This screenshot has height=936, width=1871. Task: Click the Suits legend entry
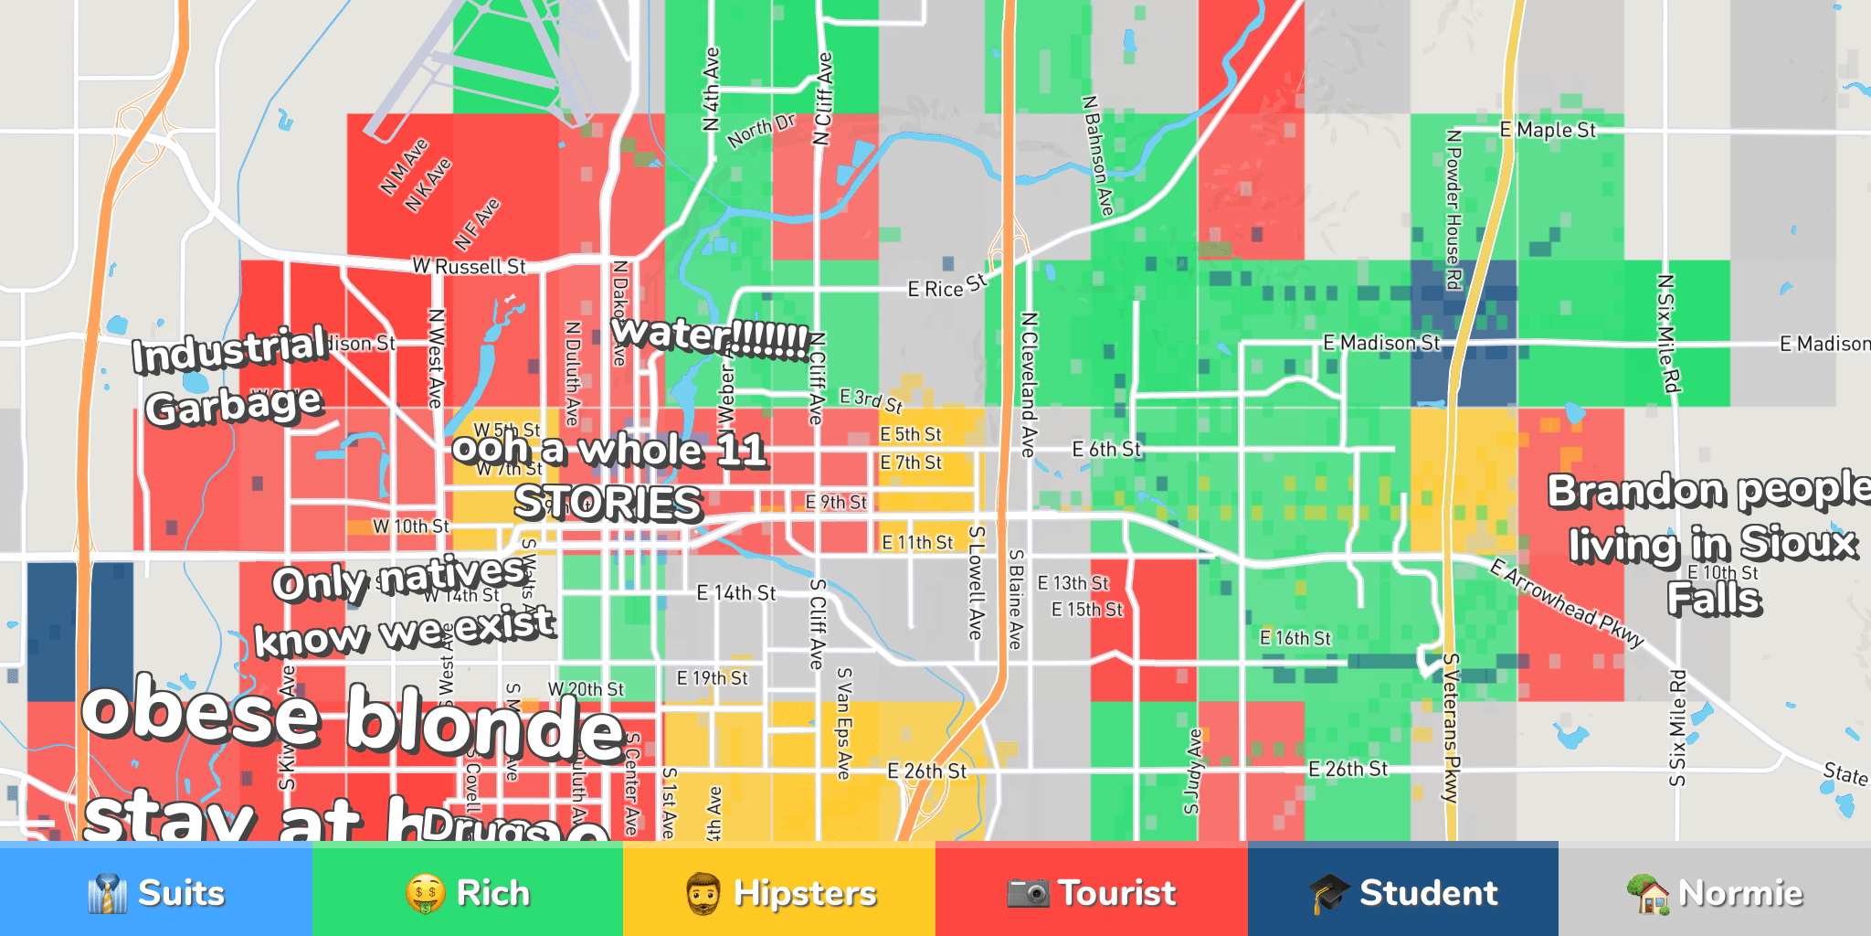[x=156, y=892]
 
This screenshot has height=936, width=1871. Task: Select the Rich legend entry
[x=468, y=892]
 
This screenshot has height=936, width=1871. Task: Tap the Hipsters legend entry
[x=779, y=892]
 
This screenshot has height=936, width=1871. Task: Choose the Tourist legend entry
[x=1091, y=892]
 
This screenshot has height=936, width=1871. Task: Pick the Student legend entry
[x=1403, y=892]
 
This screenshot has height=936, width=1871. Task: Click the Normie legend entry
[x=1715, y=892]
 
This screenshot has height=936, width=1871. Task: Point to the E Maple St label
[x=1548, y=130]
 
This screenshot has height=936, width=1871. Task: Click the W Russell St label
[x=469, y=266]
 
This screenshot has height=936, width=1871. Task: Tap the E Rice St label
[x=947, y=286]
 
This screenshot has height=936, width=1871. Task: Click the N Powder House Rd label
[x=1453, y=209]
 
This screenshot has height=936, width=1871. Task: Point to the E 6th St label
[x=1106, y=449]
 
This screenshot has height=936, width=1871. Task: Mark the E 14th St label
[x=736, y=593]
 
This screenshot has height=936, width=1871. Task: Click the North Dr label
[x=762, y=131]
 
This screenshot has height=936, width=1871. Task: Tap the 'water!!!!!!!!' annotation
[x=710, y=335]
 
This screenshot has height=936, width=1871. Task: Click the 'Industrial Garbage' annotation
[x=231, y=376]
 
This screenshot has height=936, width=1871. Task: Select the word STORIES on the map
[x=608, y=502]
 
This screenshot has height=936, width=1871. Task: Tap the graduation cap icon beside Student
[x=1328, y=893]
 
